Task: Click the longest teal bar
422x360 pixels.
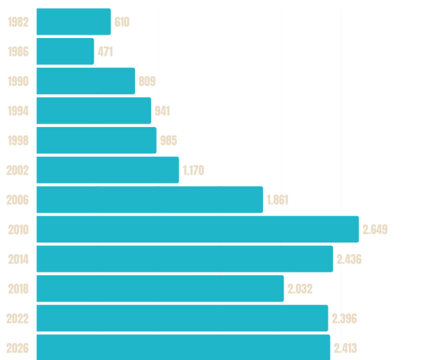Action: tap(197, 229)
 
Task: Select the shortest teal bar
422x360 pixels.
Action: tap(65, 51)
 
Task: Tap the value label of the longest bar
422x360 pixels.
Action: tap(376, 230)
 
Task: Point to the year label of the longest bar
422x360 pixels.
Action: tap(17, 230)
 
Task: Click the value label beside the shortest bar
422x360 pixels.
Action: tap(106, 51)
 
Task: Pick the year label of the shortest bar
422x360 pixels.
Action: tap(17, 51)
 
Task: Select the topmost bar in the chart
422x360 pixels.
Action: tap(73, 21)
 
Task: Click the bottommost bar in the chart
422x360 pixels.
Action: tap(183, 347)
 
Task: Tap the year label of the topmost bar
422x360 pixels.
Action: tap(17, 22)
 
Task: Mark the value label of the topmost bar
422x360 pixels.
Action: tap(123, 22)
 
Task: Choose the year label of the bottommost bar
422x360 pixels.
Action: tap(17, 348)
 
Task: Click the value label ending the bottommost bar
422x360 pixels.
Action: tap(346, 348)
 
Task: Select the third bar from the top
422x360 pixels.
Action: tap(85, 81)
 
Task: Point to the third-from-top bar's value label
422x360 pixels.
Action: tap(147, 82)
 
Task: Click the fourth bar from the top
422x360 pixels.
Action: tap(94, 110)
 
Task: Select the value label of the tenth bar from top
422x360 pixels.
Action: tap(301, 289)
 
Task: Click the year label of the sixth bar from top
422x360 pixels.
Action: tap(17, 170)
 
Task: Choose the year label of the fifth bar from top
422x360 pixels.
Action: tap(17, 140)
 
